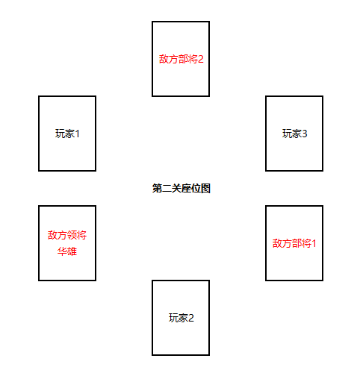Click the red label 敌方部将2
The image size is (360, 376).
[x=181, y=59]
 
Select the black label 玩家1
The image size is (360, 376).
[x=67, y=134]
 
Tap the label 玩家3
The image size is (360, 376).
[x=294, y=134]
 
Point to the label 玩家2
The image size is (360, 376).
[x=181, y=318]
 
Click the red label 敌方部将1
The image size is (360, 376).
[x=294, y=243]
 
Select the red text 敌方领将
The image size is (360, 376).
[x=67, y=235]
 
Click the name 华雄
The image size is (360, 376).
[x=67, y=251]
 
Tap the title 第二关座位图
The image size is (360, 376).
[x=181, y=188]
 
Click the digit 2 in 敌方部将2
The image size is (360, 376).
[x=201, y=59]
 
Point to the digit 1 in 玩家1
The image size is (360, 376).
[x=77, y=134]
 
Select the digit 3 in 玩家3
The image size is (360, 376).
[x=305, y=134]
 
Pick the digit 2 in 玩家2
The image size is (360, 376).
[x=191, y=318]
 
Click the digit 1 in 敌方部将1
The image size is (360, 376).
[x=314, y=243]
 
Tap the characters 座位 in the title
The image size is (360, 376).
[x=191, y=188]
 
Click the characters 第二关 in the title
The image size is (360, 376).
[x=167, y=188]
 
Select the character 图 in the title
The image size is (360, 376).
[x=205, y=188]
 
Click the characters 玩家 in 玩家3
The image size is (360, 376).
[x=292, y=134]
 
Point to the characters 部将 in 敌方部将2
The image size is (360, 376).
[x=188, y=59]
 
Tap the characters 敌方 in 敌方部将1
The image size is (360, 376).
[x=282, y=243]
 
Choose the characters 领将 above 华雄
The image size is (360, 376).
[x=77, y=235]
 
